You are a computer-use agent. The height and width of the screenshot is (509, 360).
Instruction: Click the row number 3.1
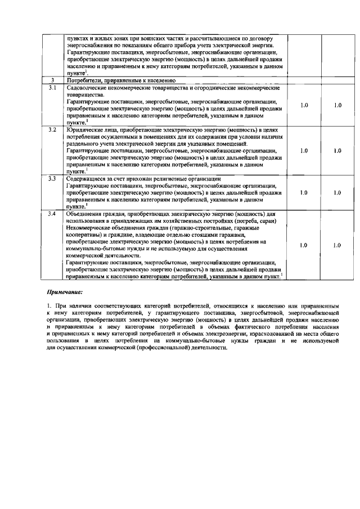point(52,88)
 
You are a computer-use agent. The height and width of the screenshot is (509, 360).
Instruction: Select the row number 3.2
point(52,130)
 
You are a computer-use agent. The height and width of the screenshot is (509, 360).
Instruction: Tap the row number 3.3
point(52,178)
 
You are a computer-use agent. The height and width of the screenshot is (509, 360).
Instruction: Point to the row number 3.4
point(52,214)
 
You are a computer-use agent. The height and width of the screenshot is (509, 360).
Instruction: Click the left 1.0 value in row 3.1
point(304,105)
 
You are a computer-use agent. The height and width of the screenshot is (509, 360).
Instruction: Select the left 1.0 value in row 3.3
point(304,192)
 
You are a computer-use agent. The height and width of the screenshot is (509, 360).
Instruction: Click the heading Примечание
point(64,292)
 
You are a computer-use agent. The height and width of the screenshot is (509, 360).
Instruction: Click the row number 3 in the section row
point(52,81)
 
